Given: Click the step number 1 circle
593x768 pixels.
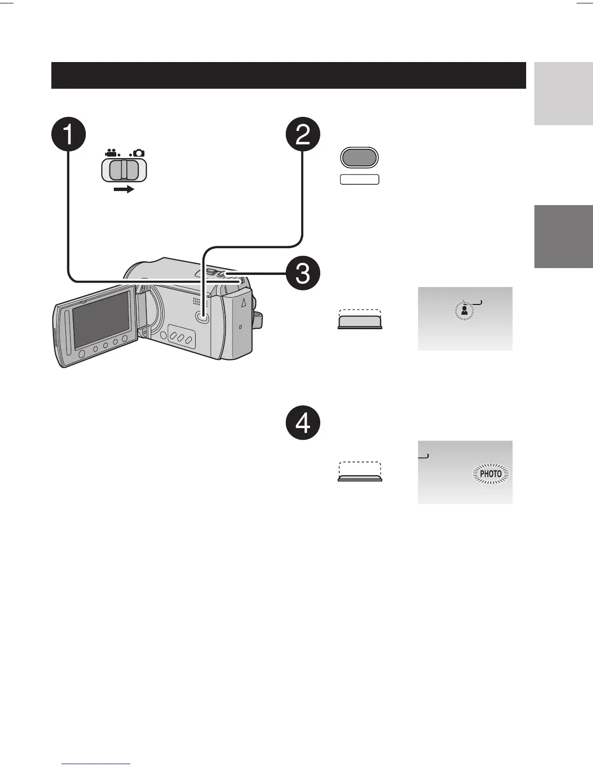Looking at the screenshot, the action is pyautogui.click(x=68, y=134).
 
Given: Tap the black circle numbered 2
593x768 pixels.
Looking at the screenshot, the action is pyautogui.click(x=303, y=134).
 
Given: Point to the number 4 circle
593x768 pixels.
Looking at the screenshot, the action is pyautogui.click(x=303, y=423).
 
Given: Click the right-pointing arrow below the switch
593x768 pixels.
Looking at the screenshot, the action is pyautogui.click(x=124, y=190).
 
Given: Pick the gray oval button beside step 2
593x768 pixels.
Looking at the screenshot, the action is pyautogui.click(x=359, y=158).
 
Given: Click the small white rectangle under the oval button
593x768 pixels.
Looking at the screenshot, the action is pyautogui.click(x=359, y=179).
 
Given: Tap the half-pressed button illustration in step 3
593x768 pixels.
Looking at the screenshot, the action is pyautogui.click(x=359, y=321).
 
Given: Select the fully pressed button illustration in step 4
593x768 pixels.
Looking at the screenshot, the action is pyautogui.click(x=359, y=477).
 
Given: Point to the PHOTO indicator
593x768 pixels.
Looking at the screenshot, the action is pyautogui.click(x=491, y=474).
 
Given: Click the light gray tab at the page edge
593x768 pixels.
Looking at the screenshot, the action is pyautogui.click(x=563, y=94).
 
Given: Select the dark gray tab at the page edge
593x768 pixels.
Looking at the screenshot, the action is pyautogui.click(x=563, y=236).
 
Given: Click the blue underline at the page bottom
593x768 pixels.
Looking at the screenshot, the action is pyautogui.click(x=96, y=764).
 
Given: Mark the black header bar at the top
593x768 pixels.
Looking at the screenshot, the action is pyautogui.click(x=288, y=75).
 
